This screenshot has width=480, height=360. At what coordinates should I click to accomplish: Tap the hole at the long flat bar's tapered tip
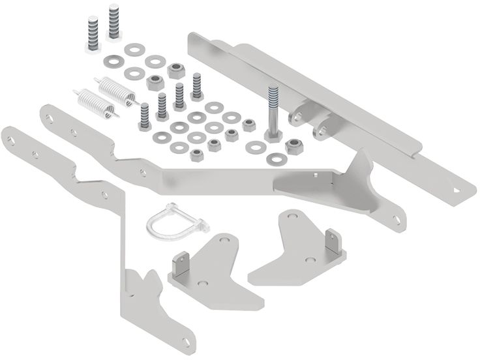(462, 189)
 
